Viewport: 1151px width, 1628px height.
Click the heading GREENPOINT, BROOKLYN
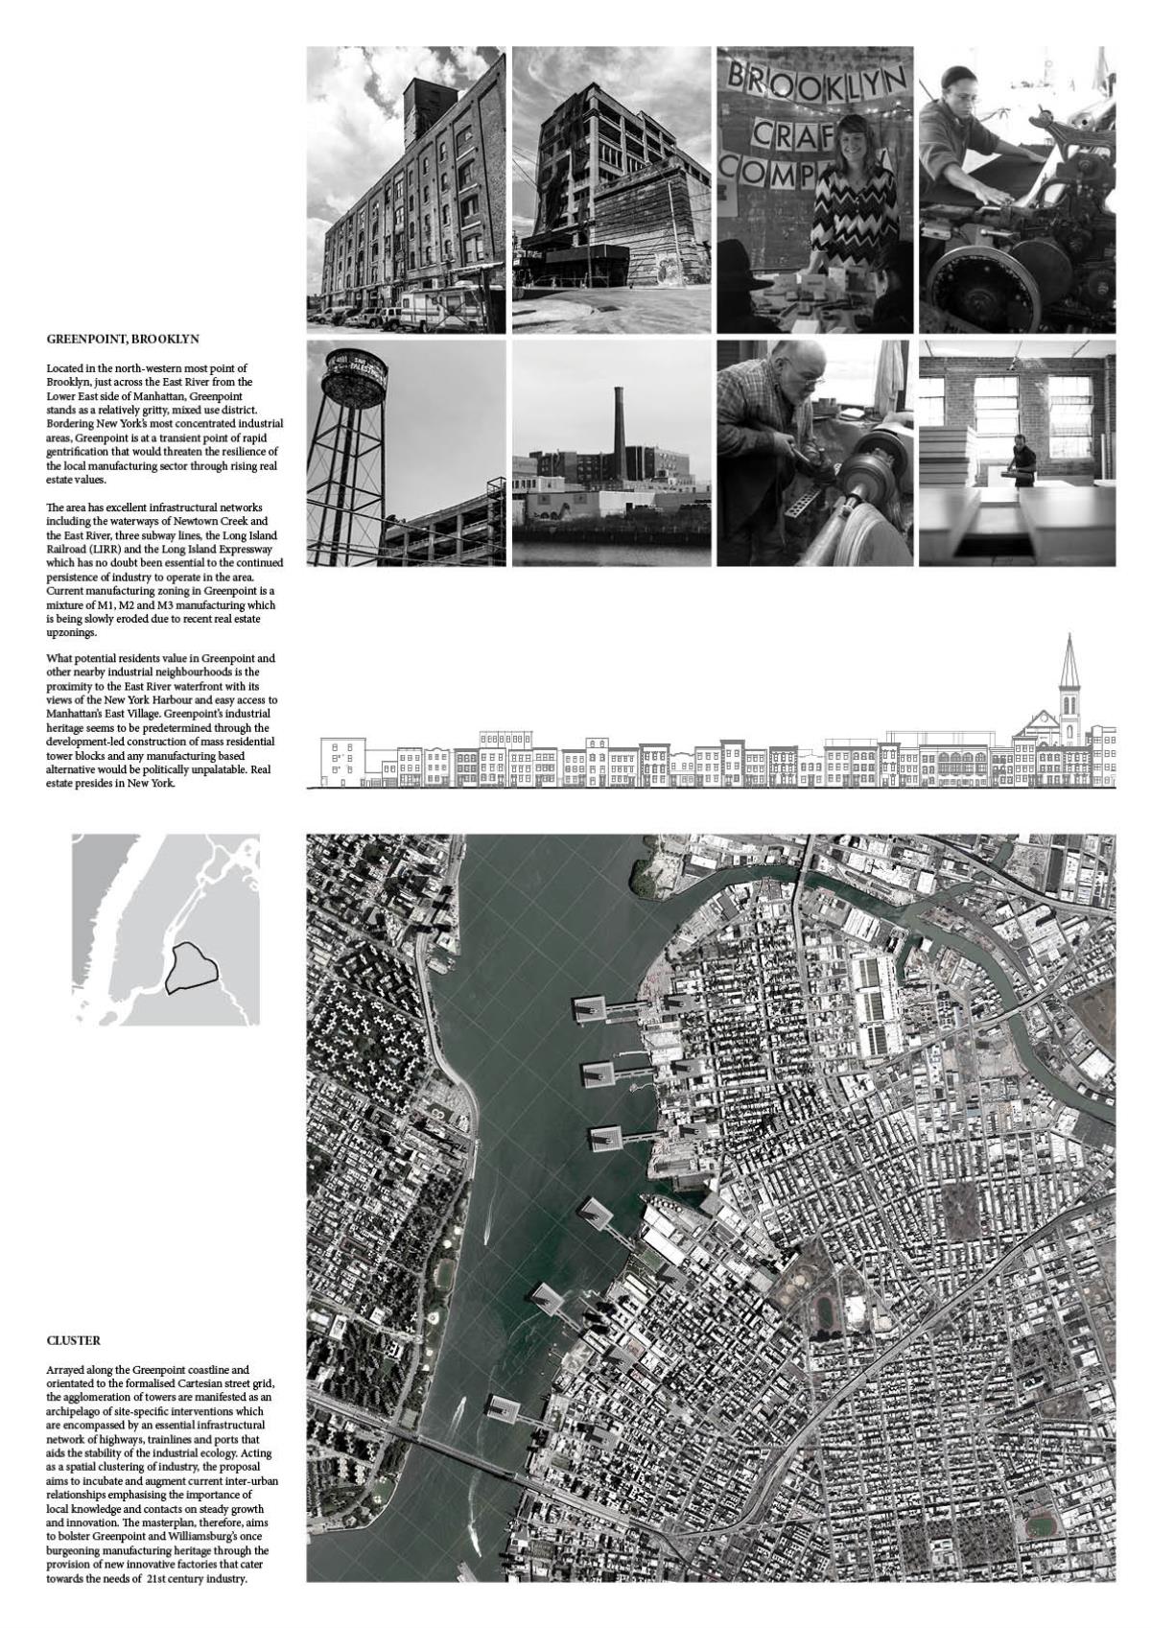click(x=123, y=340)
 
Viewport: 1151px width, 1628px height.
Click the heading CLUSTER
click(x=74, y=1340)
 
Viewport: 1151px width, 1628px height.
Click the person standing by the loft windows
click(x=1024, y=455)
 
